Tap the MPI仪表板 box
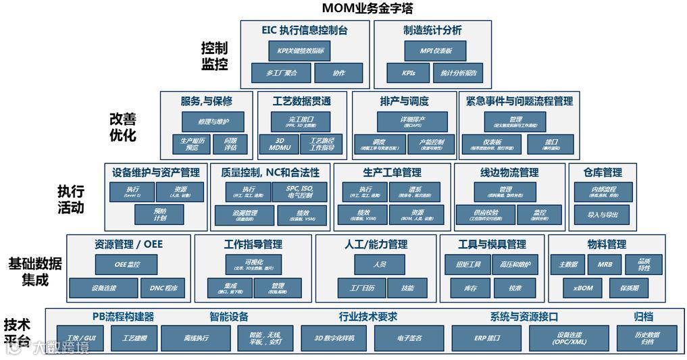click(436, 51)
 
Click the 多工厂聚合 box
click(281, 73)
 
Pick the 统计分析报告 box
click(459, 73)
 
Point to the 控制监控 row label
click(214, 57)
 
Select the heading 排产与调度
click(404, 101)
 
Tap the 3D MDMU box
click(279, 144)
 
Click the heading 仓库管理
click(603, 173)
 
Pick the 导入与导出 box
click(603, 215)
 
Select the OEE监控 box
click(126, 264)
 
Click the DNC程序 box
click(163, 288)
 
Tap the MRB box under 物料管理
click(605, 264)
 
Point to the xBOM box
click(582, 288)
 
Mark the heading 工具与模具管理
click(492, 244)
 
